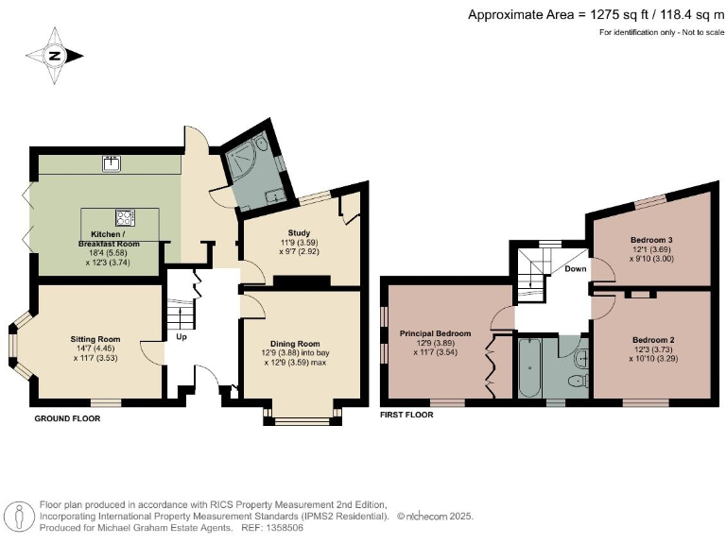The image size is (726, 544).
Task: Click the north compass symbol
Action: pyautogui.click(x=54, y=56)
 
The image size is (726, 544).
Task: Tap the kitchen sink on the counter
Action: pyautogui.click(x=112, y=163)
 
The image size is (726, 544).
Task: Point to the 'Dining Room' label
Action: pyautogui.click(x=295, y=343)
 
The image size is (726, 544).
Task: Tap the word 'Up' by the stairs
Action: pyautogui.click(x=180, y=336)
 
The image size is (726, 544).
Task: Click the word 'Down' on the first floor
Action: pyautogui.click(x=576, y=268)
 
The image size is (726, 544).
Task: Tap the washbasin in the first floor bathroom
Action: pyautogui.click(x=581, y=357)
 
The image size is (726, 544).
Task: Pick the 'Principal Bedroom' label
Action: pyautogui.click(x=435, y=333)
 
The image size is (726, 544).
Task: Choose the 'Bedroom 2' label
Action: pyautogui.click(x=652, y=340)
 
